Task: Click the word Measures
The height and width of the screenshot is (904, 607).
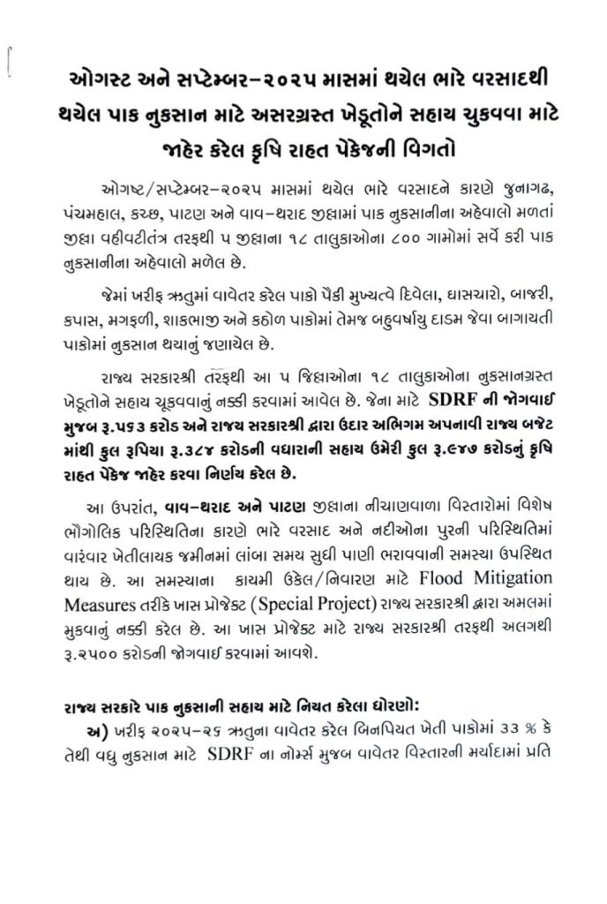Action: click(99, 602)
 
